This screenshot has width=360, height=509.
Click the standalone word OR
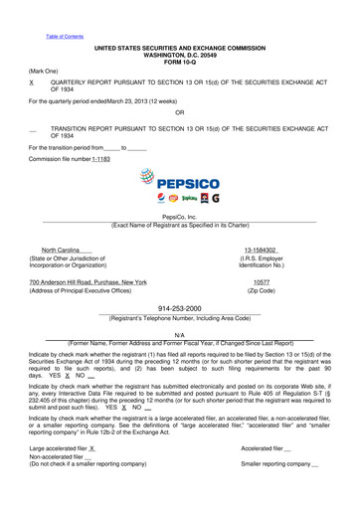(x=179, y=112)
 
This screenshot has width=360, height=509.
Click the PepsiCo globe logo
(x=150, y=184)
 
